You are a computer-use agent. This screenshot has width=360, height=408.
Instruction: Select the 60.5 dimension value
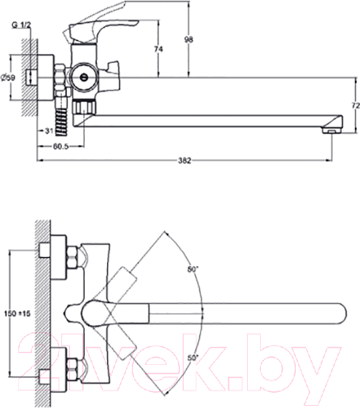tap(61, 146)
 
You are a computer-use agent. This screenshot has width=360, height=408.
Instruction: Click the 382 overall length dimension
tap(185, 160)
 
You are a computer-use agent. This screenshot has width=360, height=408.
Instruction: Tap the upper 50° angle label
tap(193, 270)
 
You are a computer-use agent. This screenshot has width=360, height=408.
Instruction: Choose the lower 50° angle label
tap(193, 358)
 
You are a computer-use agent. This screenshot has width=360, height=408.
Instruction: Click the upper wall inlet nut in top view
tap(74, 258)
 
